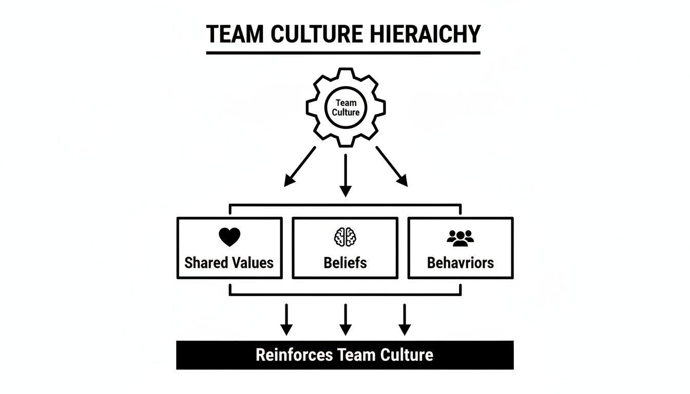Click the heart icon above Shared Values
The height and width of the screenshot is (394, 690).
pos(229,237)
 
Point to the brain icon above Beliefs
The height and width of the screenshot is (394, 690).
pos(345,237)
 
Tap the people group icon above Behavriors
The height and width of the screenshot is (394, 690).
pos(460,237)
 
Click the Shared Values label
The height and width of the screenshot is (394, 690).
pos(229,263)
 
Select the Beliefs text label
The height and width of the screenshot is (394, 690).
pos(345,263)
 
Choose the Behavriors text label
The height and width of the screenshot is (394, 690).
pos(460,263)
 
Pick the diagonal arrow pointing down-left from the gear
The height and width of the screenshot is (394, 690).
pos(300,166)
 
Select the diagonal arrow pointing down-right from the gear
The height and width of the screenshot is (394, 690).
pos(392,166)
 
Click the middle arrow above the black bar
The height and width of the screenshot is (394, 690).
pos(346,319)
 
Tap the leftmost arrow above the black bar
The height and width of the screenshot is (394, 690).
pos(286,319)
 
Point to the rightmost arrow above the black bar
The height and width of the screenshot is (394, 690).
pos(405,319)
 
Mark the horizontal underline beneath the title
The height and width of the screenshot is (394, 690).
pos(343,52)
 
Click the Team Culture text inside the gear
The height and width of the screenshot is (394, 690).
pos(346,108)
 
